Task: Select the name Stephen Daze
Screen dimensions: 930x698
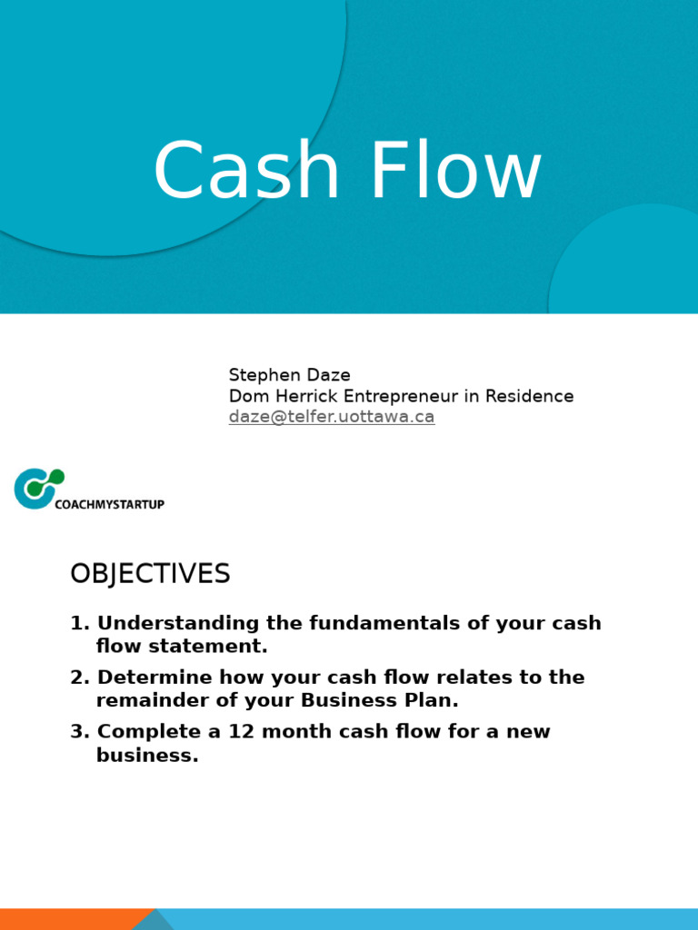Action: click(289, 375)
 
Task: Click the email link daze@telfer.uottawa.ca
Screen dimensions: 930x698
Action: click(332, 417)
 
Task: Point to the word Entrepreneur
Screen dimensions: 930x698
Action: click(404, 396)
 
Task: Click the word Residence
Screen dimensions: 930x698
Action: click(529, 396)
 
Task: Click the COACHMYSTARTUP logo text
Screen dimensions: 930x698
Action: click(109, 504)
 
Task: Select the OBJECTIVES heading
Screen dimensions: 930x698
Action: click(150, 574)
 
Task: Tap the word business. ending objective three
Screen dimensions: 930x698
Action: click(147, 756)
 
